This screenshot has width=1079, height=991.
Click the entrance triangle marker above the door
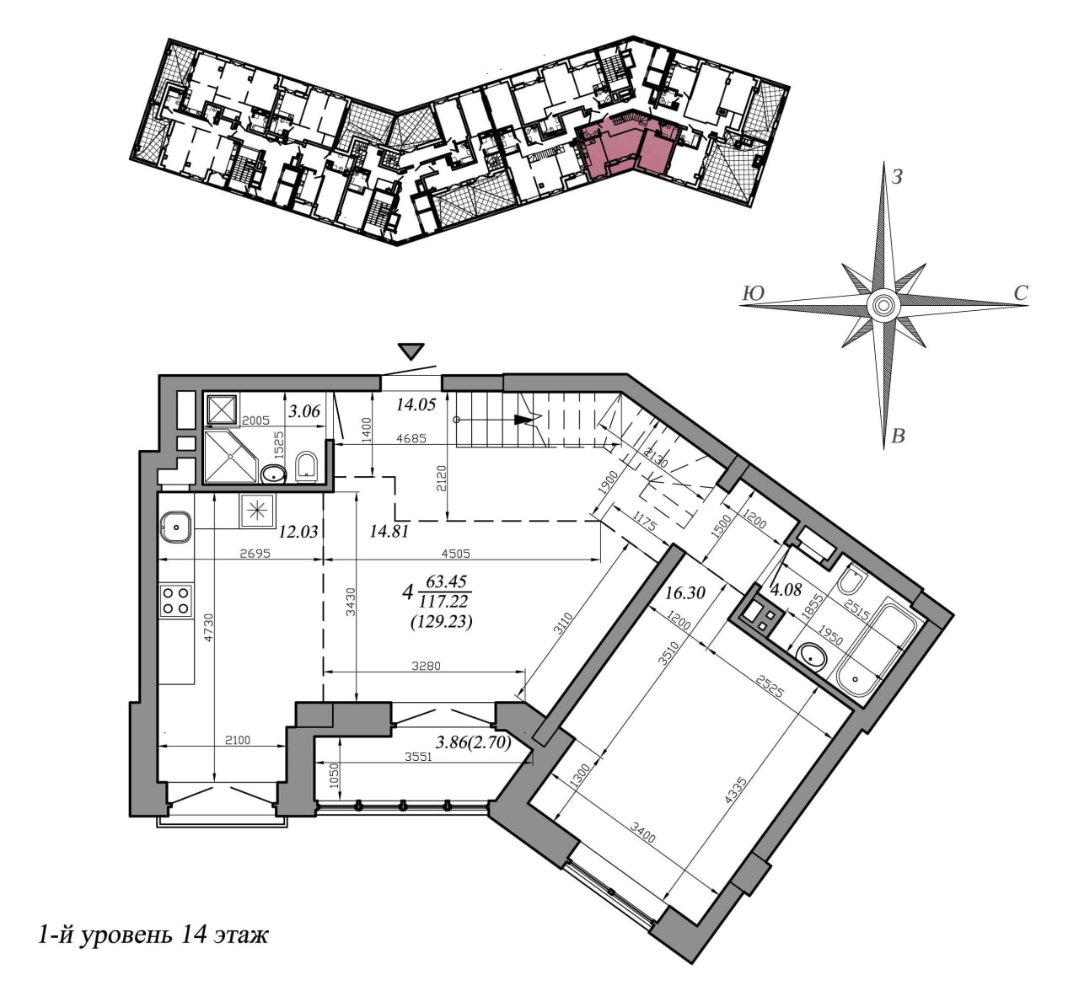pos(412,351)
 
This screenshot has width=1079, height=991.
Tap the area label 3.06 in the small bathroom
pos(304,411)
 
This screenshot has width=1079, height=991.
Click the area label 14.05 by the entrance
pos(416,404)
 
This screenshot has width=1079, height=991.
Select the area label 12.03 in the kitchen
pos(298,532)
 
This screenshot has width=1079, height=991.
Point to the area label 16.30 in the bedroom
pos(684,593)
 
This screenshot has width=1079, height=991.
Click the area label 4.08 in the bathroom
pos(786,590)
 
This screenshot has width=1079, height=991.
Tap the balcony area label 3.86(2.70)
pos(473,743)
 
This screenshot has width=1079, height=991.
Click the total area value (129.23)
pos(441,622)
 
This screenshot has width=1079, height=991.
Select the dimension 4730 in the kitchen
pos(209,627)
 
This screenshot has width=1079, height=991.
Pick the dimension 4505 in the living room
pos(455,554)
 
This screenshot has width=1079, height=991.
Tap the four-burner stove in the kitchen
pos(176,601)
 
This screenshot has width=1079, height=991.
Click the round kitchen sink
pos(175,527)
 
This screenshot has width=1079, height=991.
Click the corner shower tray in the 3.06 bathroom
pos(231,457)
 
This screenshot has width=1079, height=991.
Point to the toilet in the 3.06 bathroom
pos(307,467)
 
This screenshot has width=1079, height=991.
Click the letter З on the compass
pos(896,178)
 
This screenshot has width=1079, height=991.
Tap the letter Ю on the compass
pos(753,293)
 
